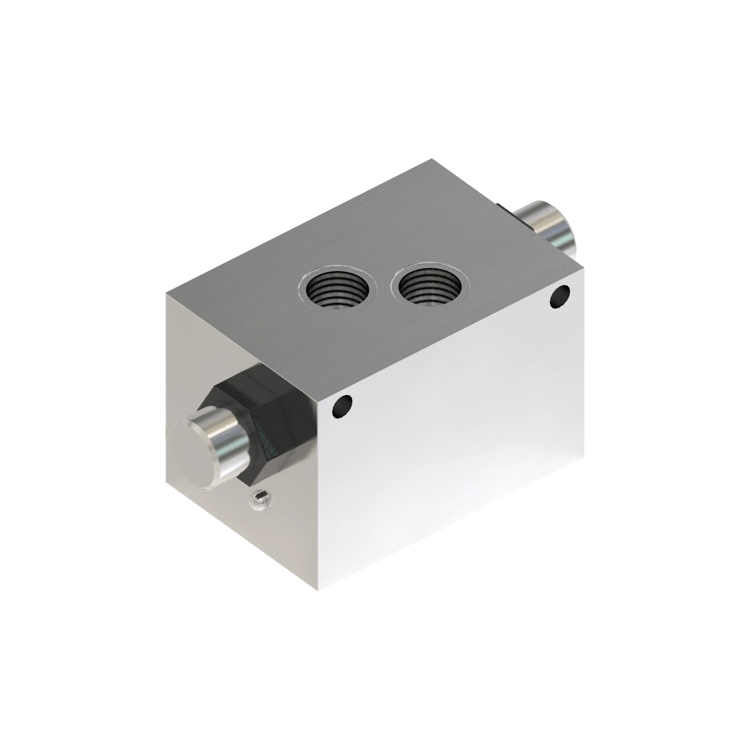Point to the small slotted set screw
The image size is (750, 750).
click(261, 497)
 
